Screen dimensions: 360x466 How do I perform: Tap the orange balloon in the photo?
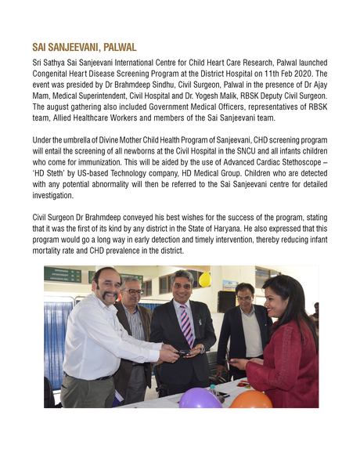tap(250, 399)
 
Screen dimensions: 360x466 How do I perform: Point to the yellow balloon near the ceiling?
tap(204, 279)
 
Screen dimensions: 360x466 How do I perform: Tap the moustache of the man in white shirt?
tap(107, 294)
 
